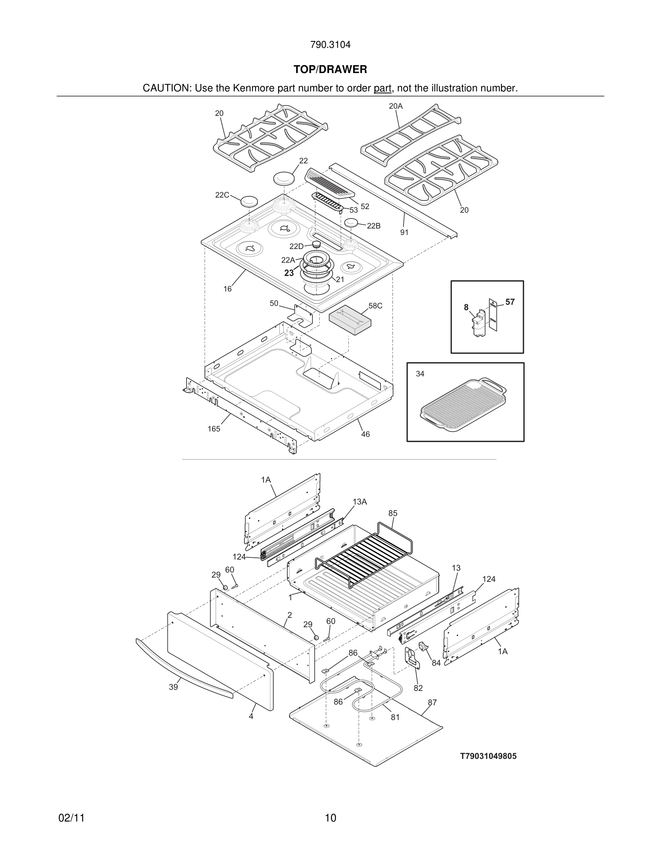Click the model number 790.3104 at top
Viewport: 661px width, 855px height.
pyautogui.click(x=330, y=45)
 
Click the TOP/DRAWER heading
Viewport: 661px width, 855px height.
pyautogui.click(x=330, y=69)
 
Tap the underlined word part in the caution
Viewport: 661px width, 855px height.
pyautogui.click(x=382, y=88)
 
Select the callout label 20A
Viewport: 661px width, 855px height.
pyautogui.click(x=396, y=106)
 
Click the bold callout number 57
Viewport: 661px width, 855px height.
pyautogui.click(x=510, y=302)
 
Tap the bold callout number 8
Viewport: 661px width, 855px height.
pyautogui.click(x=466, y=307)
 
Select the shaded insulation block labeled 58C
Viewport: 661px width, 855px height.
pyautogui.click(x=350, y=320)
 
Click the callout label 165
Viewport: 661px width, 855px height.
pyautogui.click(x=214, y=429)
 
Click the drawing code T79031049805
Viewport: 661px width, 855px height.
pyautogui.click(x=488, y=756)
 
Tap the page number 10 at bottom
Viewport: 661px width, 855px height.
pyautogui.click(x=330, y=818)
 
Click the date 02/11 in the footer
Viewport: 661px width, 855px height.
pyautogui.click(x=71, y=818)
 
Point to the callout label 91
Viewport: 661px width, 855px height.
pyautogui.click(x=404, y=232)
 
